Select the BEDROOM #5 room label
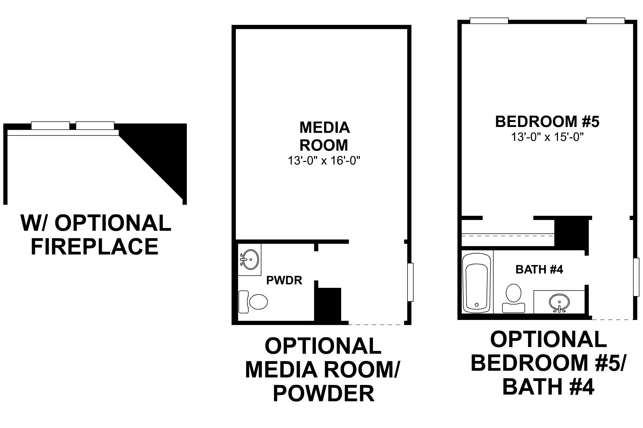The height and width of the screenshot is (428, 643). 547,122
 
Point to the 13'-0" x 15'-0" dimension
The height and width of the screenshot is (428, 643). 547,137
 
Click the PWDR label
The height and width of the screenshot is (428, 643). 284,280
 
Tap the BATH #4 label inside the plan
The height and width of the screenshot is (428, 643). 539,269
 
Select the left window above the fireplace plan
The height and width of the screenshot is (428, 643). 50,125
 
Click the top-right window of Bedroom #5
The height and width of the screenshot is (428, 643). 605,21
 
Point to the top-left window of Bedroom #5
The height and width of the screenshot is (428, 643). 489,21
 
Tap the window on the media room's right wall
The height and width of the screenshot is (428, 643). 410,282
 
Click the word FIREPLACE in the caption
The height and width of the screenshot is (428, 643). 95,246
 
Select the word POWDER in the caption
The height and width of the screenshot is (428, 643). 324,393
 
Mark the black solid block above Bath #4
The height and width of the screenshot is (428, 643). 571,234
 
